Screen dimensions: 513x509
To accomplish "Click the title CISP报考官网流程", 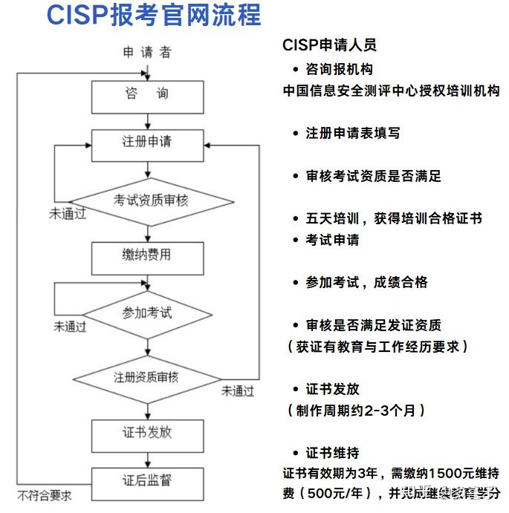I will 154,16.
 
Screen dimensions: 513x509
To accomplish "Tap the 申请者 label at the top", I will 146,52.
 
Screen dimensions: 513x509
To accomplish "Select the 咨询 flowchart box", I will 146,95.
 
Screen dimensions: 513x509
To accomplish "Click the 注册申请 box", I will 146,141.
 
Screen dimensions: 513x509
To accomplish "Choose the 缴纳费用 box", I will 146,255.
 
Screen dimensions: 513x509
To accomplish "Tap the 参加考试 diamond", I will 146,312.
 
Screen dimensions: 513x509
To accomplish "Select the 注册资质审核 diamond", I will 146,376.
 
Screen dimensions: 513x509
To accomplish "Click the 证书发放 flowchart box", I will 146,431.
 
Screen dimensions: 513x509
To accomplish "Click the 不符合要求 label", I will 45,495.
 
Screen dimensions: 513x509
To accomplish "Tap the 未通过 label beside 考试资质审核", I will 68,214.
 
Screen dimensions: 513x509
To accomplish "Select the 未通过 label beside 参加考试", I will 71,326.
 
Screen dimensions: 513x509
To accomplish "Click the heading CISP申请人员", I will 329,45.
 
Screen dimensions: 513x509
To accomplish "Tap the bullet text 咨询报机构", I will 339,70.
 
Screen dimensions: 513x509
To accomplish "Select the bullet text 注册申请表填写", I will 353,133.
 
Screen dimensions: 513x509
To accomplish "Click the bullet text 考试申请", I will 332,240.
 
